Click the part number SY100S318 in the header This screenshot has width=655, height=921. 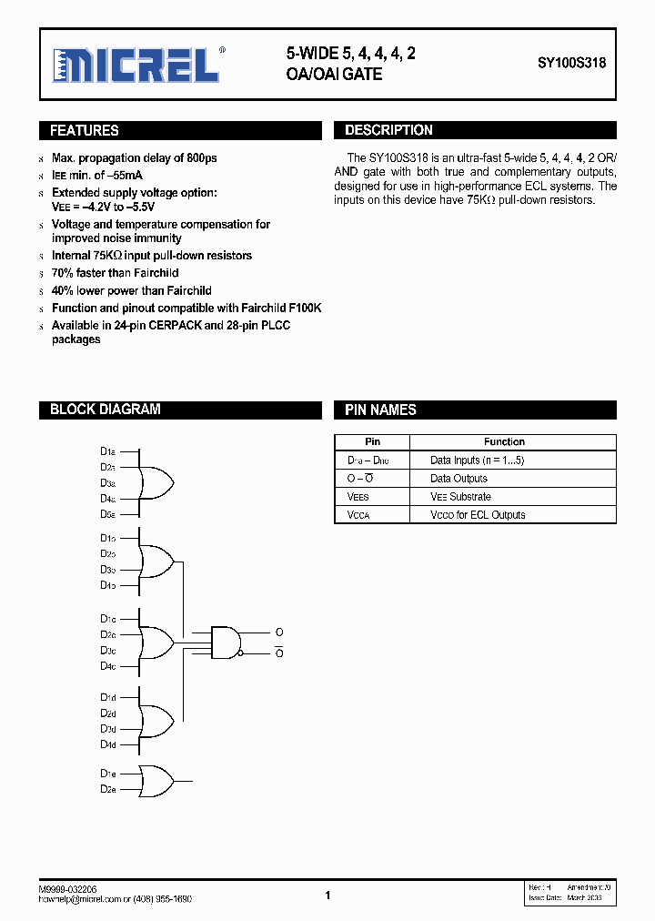571,65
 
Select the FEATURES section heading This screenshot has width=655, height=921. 85,131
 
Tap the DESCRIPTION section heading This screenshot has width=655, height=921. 388,131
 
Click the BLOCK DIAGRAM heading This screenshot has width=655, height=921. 105,410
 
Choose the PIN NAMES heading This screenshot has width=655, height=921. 380,410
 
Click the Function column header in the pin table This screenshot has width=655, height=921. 504,441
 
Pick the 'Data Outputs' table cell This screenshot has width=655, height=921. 458,479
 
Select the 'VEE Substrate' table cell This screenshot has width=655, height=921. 460,497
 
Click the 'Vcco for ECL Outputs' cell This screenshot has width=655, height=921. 478,515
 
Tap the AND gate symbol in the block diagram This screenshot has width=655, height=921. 226,642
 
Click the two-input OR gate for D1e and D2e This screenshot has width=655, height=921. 156,781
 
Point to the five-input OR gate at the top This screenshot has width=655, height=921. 156,483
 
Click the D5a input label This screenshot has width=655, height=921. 107,514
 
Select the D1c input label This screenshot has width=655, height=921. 107,618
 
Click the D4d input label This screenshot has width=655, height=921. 107,744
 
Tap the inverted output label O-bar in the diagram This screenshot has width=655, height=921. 279,653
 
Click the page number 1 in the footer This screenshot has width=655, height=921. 327,896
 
